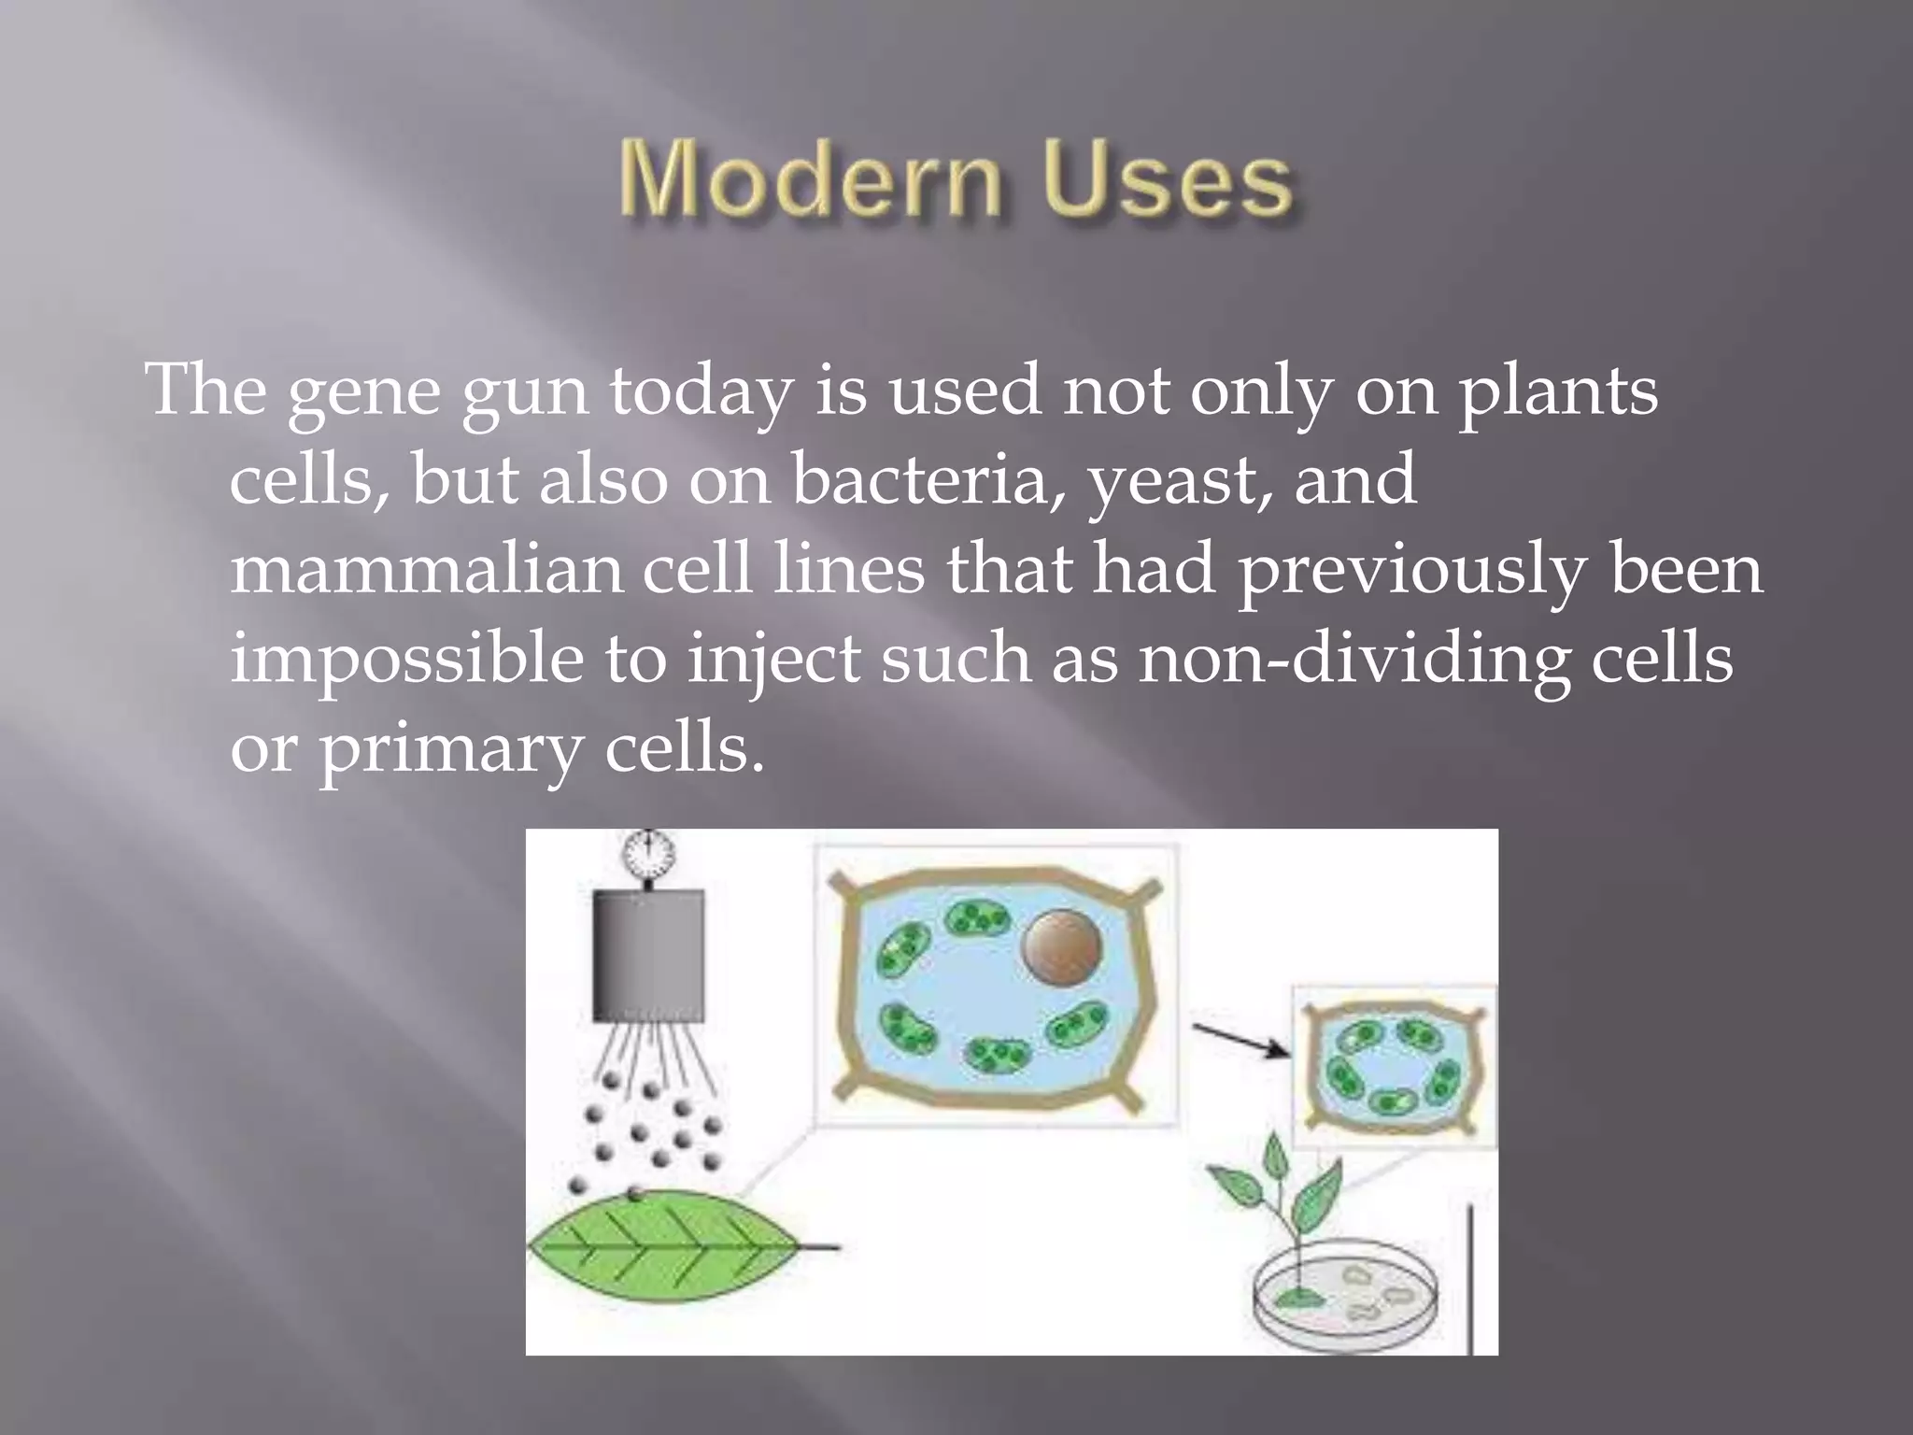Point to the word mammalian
click(426, 569)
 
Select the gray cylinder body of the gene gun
click(648, 954)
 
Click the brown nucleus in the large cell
click(1062, 949)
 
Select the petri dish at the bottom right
click(1345, 1295)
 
